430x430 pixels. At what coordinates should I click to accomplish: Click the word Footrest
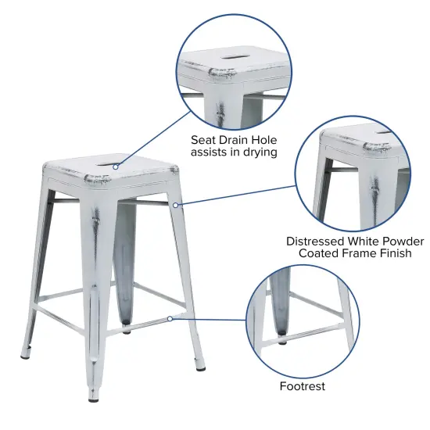(x=302, y=386)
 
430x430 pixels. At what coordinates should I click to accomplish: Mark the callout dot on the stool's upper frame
(x=177, y=205)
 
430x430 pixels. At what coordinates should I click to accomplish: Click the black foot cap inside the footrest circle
(x=282, y=342)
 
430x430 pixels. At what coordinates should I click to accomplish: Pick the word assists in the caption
(x=211, y=152)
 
